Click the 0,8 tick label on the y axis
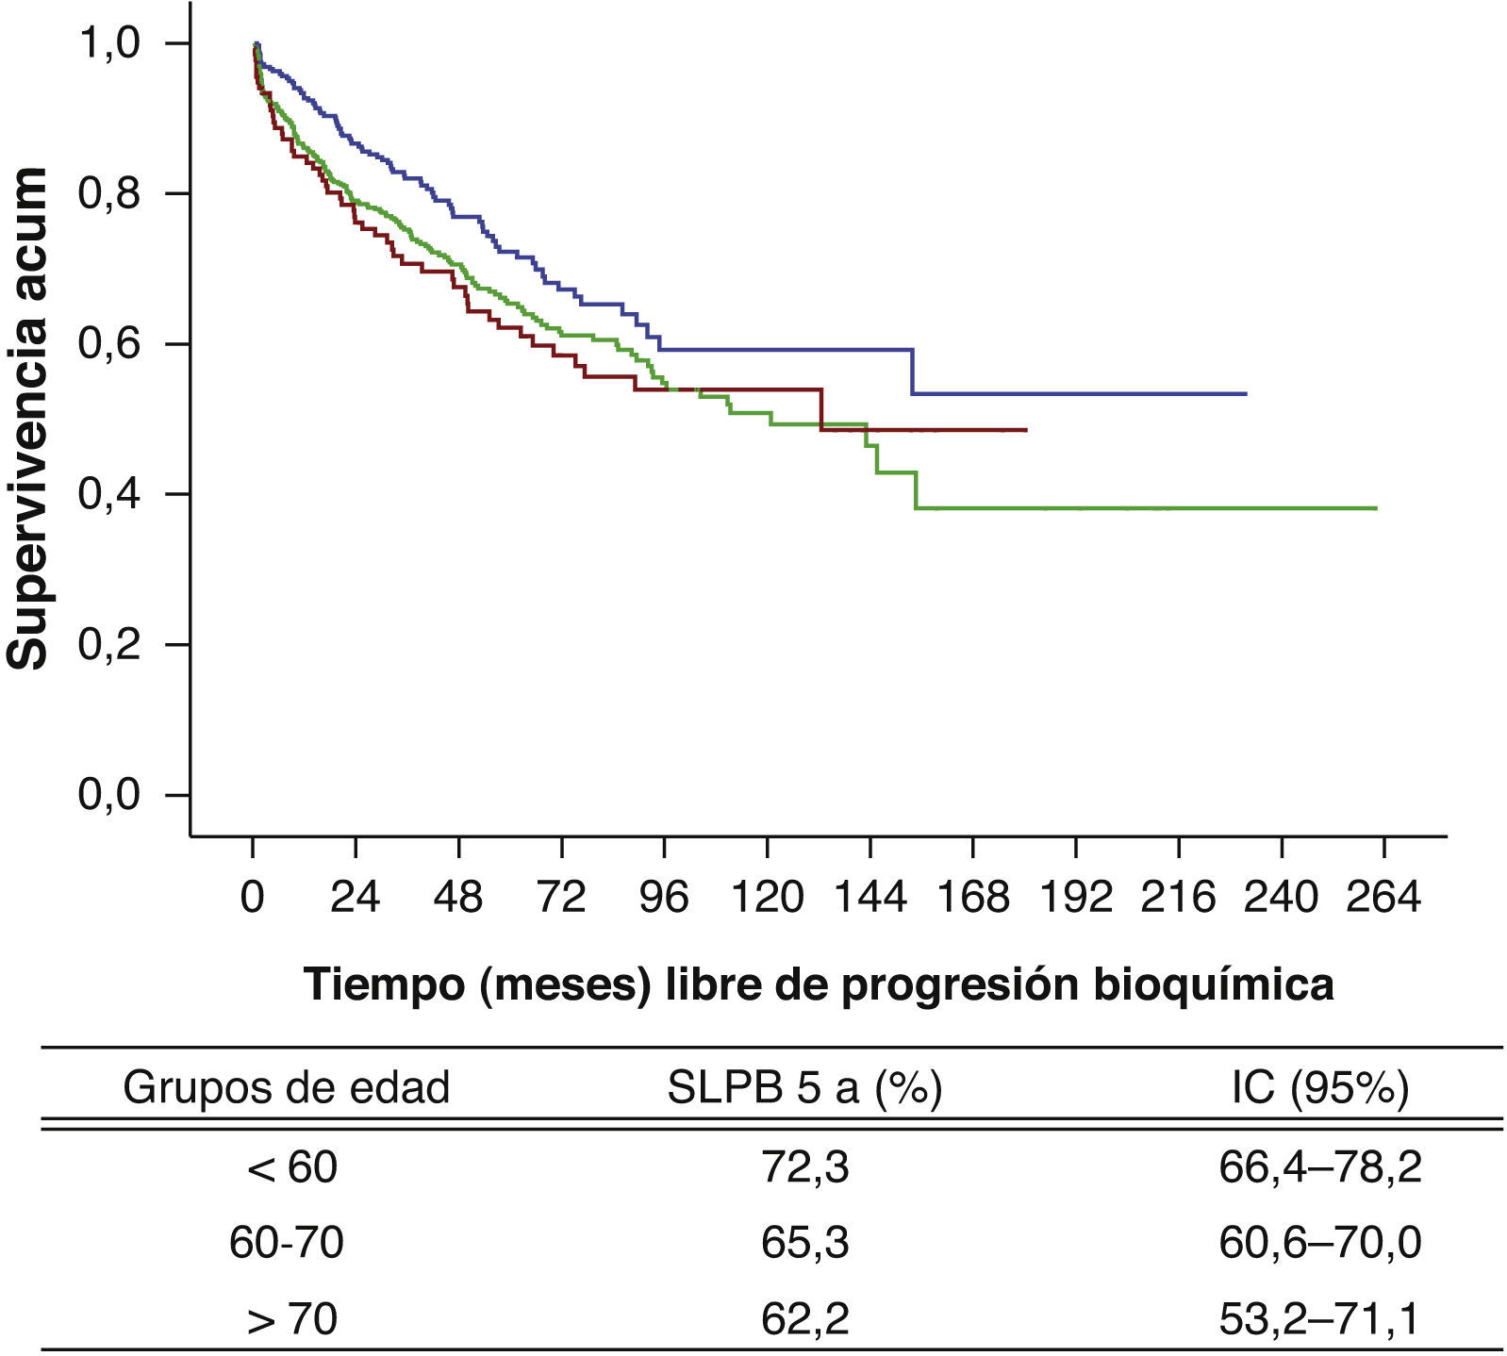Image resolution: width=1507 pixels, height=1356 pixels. pyautogui.click(x=108, y=194)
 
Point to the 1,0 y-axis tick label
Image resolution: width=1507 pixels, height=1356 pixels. pyautogui.click(x=108, y=44)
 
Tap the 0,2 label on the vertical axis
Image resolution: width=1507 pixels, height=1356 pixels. pyautogui.click(x=108, y=645)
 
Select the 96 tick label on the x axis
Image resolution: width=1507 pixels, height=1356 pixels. pyautogui.click(x=664, y=897)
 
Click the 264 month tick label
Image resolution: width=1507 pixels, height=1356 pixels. pyautogui.click(x=1383, y=897)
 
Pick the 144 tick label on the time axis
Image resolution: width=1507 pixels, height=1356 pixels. pyautogui.click(x=869, y=897)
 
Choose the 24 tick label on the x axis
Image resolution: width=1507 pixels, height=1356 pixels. pyautogui.click(x=356, y=897)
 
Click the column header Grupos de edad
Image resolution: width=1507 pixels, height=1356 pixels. pyautogui.click(x=287, y=1088)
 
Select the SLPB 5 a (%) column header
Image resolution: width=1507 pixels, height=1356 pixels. pyautogui.click(x=804, y=1088)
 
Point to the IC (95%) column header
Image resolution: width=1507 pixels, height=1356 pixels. pyautogui.click(x=1319, y=1088)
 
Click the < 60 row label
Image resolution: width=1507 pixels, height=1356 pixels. pyautogui.click(x=290, y=1167)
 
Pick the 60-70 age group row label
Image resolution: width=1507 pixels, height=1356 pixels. pyautogui.click(x=287, y=1243)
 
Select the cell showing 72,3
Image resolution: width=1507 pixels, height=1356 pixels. pyautogui.click(x=804, y=1167)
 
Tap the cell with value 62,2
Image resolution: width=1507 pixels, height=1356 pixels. pyautogui.click(x=804, y=1318)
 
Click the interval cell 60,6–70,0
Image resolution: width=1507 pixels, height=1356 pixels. pyautogui.click(x=1319, y=1243)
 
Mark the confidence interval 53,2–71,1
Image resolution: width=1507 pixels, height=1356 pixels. pyautogui.click(x=1319, y=1318)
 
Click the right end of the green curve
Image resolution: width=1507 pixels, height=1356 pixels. pyautogui.click(x=1376, y=508)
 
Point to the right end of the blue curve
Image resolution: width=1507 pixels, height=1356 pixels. pyautogui.click(x=1246, y=393)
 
